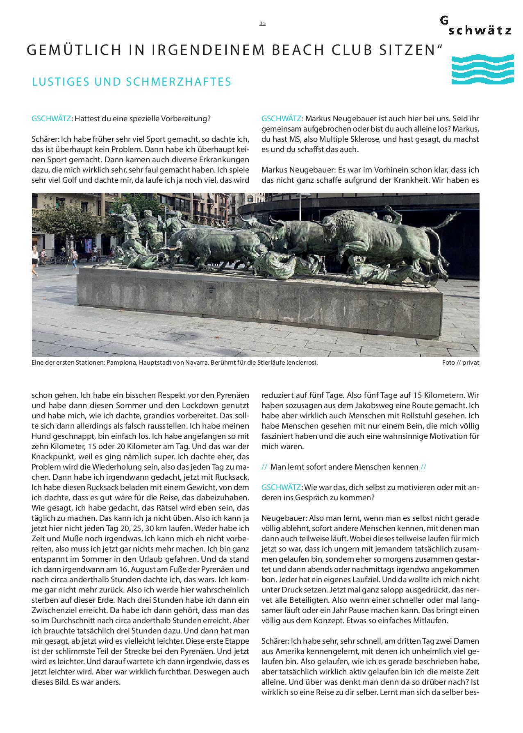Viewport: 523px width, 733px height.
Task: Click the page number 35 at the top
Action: pyautogui.click(x=262, y=23)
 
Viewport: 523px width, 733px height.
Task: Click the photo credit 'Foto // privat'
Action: pyautogui.click(x=460, y=363)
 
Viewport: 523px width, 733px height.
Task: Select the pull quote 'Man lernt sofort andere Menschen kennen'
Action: pyautogui.click(x=344, y=467)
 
